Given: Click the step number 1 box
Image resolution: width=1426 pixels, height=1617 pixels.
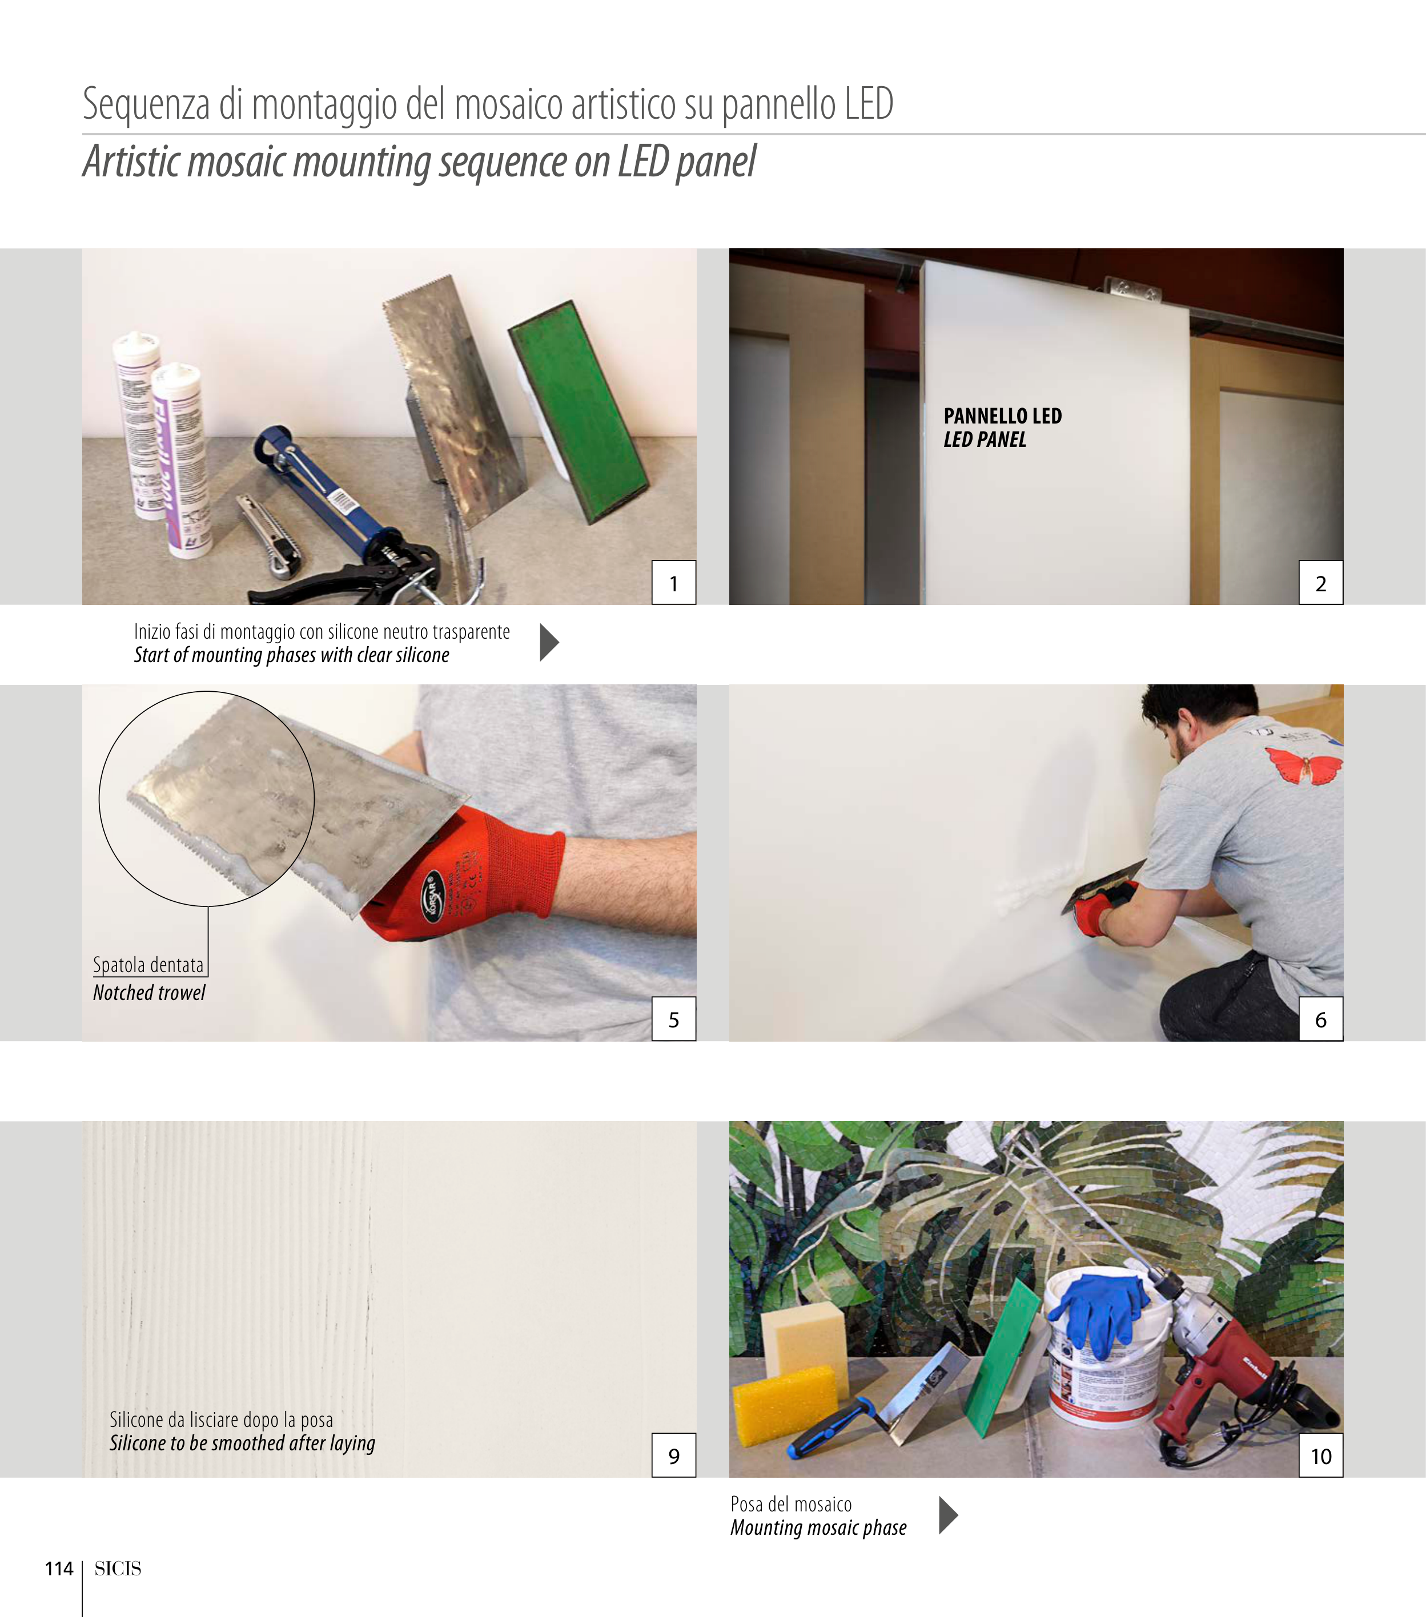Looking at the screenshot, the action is tap(673, 582).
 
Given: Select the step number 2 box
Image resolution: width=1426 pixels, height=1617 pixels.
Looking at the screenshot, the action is tap(1321, 582).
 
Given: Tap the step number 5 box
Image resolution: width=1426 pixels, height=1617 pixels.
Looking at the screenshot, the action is tap(673, 1019).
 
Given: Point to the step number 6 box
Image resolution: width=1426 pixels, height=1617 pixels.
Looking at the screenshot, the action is tap(1321, 1019).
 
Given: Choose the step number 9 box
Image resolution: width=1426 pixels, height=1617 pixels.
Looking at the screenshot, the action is tap(673, 1455).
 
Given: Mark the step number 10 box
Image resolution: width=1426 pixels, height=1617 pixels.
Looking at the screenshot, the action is tap(1321, 1455).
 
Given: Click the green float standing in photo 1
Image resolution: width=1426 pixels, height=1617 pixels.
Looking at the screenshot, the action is tap(578, 412).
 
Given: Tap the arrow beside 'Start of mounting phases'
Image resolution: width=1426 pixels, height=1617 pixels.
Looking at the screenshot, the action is tap(549, 642).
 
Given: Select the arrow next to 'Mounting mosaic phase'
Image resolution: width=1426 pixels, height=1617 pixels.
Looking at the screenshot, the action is tap(948, 1515).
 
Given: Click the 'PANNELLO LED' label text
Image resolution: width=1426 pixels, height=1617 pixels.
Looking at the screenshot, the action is tap(1003, 416).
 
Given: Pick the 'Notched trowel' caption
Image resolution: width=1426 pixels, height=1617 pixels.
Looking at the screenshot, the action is tap(149, 993).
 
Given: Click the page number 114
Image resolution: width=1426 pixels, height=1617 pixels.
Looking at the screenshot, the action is tap(59, 1568).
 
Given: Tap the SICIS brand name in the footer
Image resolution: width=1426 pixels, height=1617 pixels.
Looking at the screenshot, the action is tap(118, 1568).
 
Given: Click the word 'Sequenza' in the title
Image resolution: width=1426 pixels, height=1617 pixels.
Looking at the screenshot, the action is tap(146, 105).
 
